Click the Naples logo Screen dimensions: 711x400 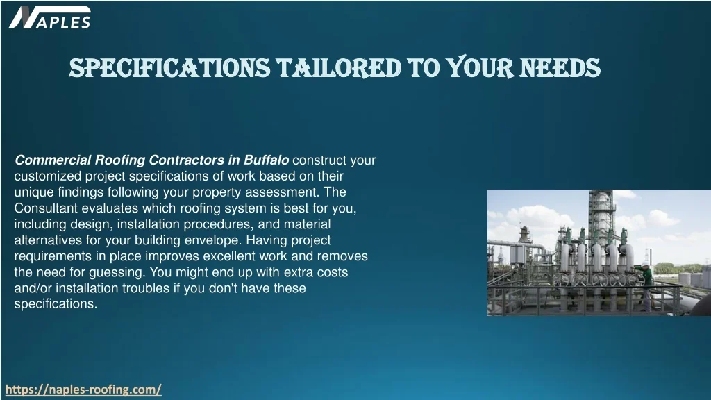pos(50,17)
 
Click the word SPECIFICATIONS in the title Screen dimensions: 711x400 pos(169,68)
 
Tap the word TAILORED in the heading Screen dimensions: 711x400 pos(339,68)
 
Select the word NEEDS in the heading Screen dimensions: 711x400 pos(560,68)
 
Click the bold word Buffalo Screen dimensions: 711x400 pos(266,160)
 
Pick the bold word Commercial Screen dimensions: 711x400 pos(53,160)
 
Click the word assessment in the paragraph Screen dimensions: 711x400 pos(282,192)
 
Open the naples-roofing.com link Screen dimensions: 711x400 pos(83,390)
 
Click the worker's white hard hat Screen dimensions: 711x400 pos(645,264)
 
